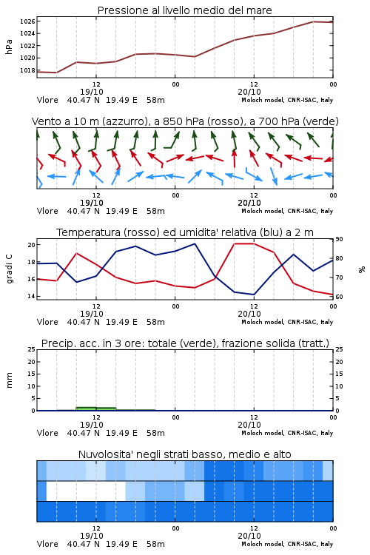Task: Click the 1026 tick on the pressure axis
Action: click(x=27, y=21)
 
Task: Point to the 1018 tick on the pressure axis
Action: click(x=27, y=70)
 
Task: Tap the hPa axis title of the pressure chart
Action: click(x=9, y=47)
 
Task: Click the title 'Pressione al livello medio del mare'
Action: click(x=185, y=10)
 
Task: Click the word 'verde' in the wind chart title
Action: click(x=320, y=121)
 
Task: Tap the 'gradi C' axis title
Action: click(x=10, y=269)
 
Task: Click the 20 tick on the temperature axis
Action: click(x=32, y=245)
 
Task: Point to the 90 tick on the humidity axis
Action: click(x=339, y=239)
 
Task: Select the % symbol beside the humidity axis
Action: click(x=362, y=269)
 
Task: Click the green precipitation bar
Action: click(x=96, y=408)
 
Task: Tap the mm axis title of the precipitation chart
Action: click(x=9, y=380)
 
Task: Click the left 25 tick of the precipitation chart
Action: click(x=32, y=350)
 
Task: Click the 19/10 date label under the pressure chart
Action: click(x=92, y=92)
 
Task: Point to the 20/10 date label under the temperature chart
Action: click(x=249, y=314)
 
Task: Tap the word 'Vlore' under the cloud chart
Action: click(x=47, y=544)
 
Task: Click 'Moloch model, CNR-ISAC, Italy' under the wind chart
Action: click(x=287, y=211)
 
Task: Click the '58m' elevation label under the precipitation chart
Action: click(x=156, y=433)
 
